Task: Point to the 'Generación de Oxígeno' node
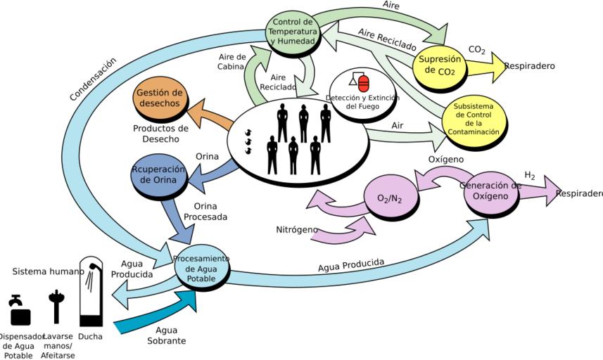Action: coord(490,191)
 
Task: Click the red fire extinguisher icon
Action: coord(363,83)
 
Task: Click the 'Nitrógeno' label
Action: coord(296,229)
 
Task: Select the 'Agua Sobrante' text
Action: coord(166,335)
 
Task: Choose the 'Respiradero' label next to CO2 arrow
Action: coord(529,66)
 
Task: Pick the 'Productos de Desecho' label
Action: coord(160,134)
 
